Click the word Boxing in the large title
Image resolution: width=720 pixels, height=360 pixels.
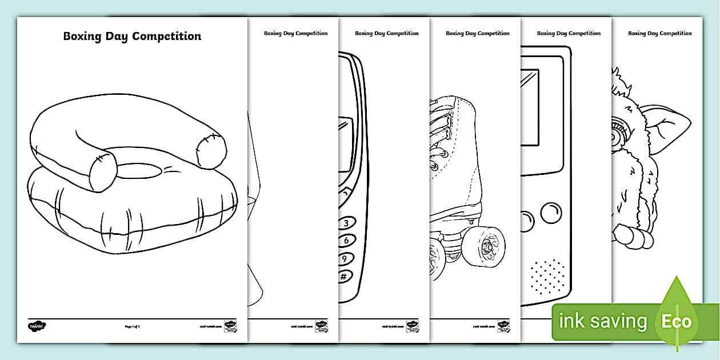(81, 37)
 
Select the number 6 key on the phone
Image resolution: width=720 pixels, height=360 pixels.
(346, 241)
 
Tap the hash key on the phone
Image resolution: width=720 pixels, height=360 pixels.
(345, 277)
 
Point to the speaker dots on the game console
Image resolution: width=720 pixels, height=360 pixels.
(547, 277)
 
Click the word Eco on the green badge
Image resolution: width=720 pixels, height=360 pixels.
(677, 321)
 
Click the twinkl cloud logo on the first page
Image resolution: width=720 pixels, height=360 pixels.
(37, 326)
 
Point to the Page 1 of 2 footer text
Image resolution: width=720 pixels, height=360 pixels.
(132, 326)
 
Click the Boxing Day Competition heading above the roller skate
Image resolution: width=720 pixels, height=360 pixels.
(478, 33)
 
